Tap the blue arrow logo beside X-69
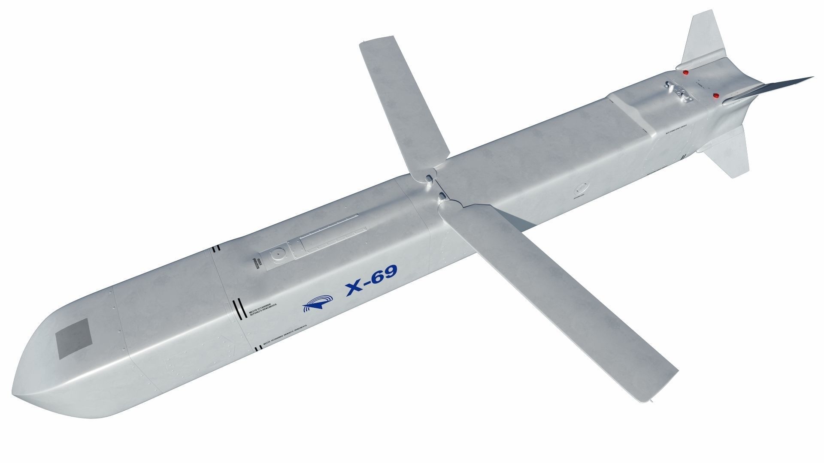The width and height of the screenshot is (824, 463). pos(317,302)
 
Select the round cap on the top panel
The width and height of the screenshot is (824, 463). pos(277,255)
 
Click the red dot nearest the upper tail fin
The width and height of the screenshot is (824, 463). pos(685,72)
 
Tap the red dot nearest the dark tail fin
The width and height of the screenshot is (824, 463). pos(716,95)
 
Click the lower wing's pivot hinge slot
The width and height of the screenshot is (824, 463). pos(442,197)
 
